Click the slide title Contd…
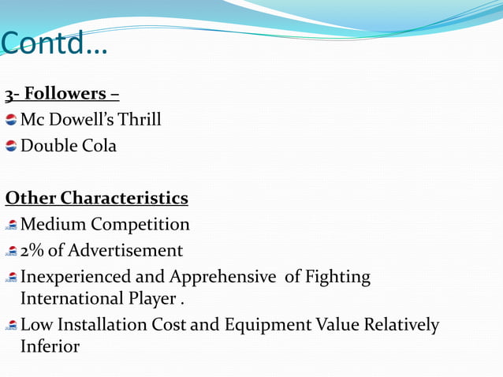click(55, 45)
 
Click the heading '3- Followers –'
click(62, 94)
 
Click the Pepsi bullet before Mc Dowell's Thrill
click(11, 120)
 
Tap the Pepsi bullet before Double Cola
click(11, 146)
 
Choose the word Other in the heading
click(31, 197)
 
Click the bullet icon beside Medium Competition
click(11, 226)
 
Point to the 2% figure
click(33, 251)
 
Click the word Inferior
click(50, 346)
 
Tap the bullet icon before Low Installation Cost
click(11, 326)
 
